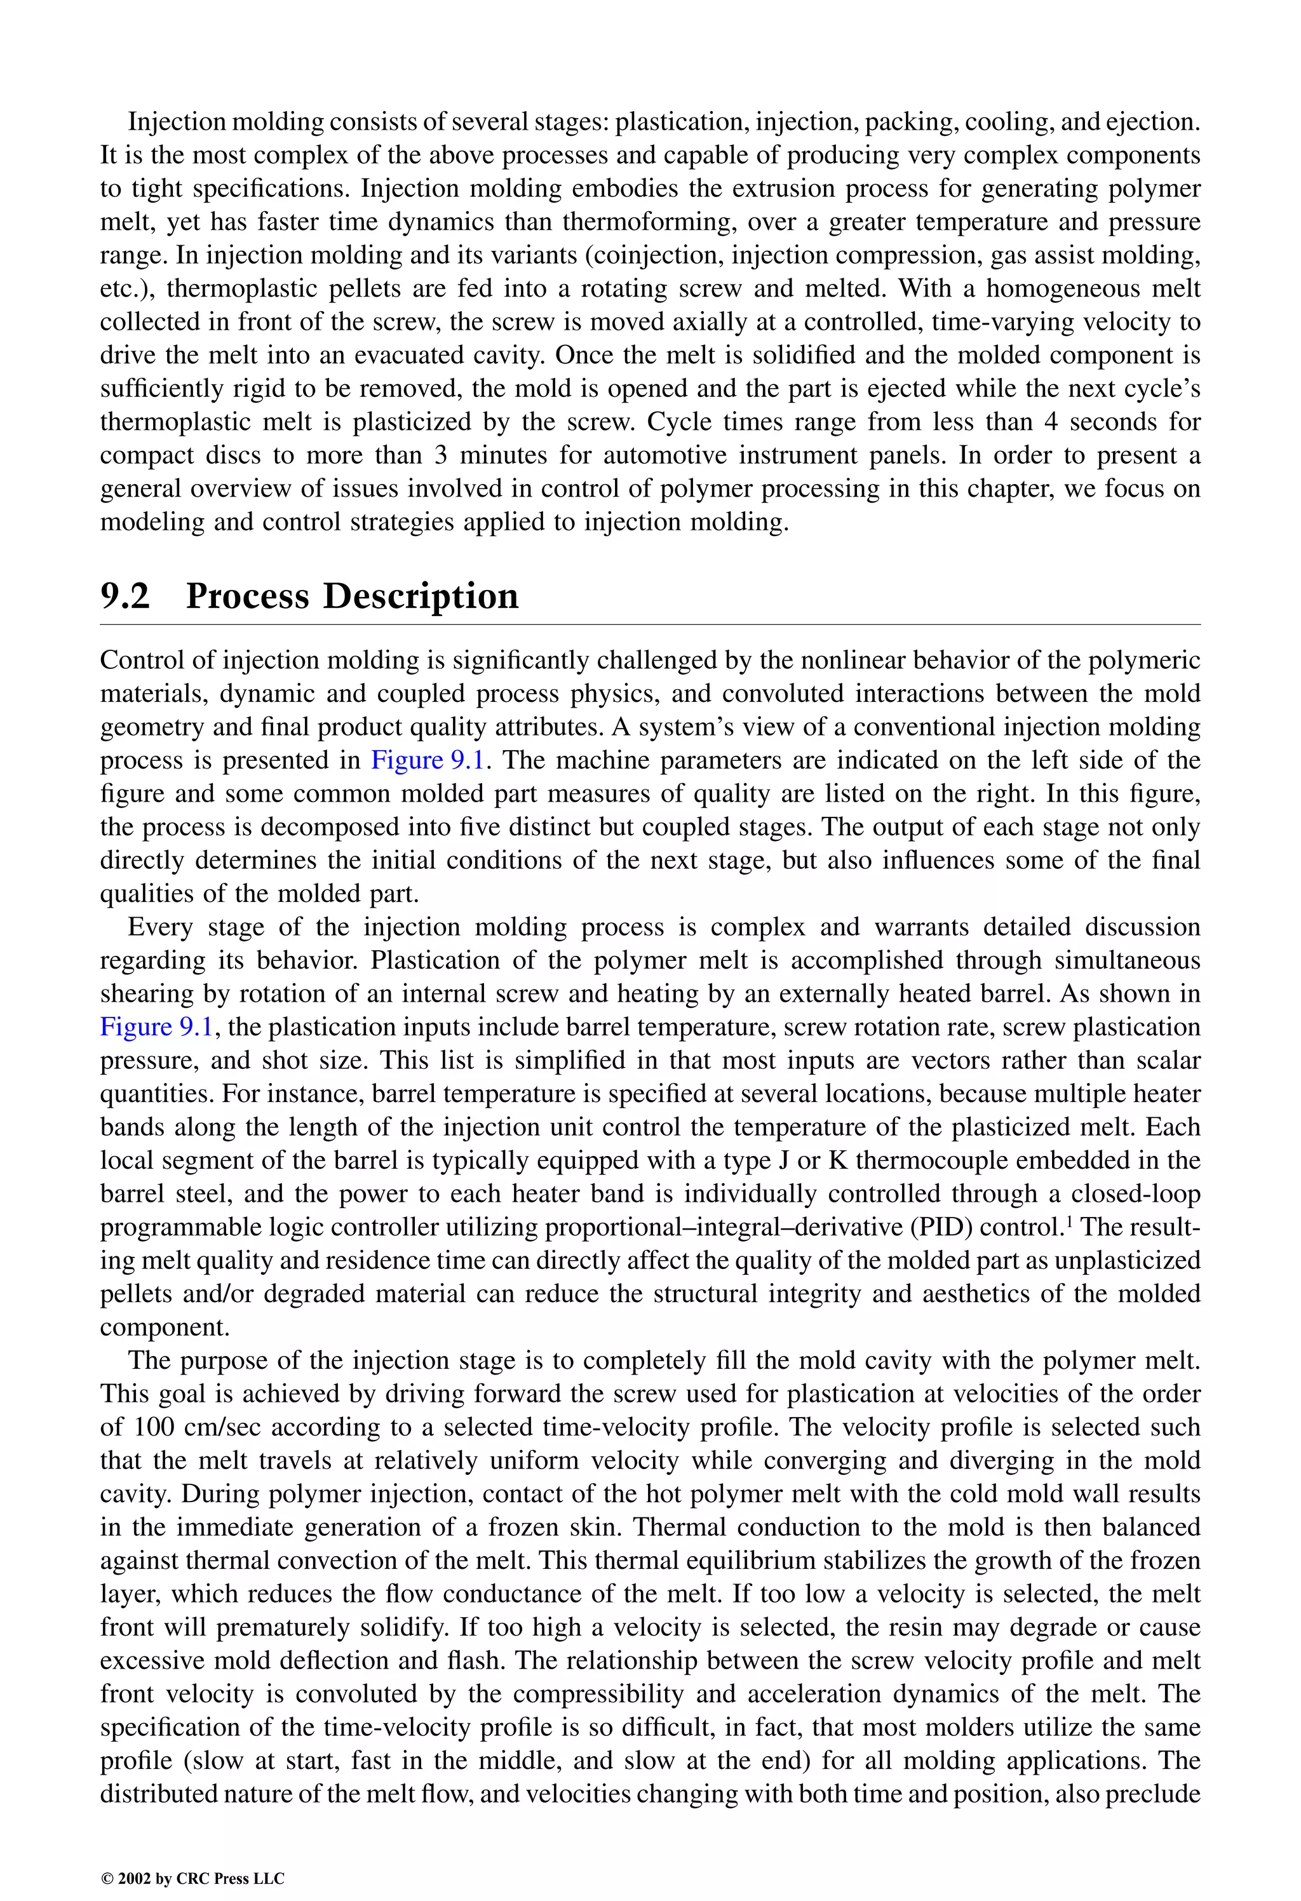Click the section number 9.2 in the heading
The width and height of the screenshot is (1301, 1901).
pos(125,596)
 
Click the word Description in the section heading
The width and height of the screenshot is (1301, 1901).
pos(420,596)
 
